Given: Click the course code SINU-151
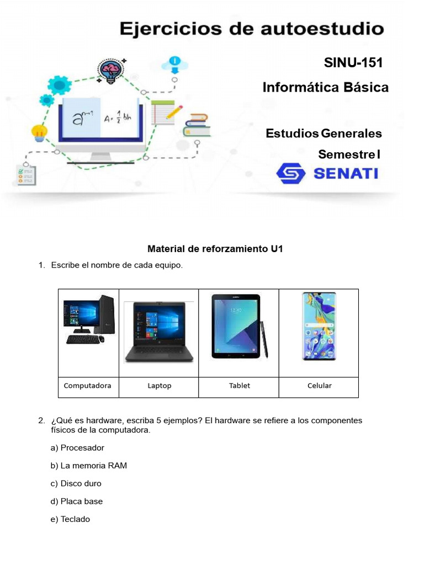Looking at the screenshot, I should pyautogui.click(x=353, y=63).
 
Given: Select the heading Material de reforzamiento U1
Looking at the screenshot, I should pyautogui.click(x=215, y=249).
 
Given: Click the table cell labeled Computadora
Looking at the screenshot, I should pyautogui.click(x=88, y=386).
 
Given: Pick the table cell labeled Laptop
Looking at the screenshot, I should pyautogui.click(x=159, y=386).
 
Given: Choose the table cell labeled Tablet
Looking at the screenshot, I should pyautogui.click(x=239, y=386).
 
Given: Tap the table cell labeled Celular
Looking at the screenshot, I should pyautogui.click(x=319, y=386).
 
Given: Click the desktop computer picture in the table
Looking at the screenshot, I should pyautogui.click(x=88, y=320).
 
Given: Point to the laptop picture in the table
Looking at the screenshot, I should pyautogui.click(x=159, y=332).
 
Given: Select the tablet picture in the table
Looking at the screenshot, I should pyautogui.click(x=236, y=326).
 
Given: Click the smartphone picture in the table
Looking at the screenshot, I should pyautogui.click(x=319, y=327).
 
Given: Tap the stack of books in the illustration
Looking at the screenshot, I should pyautogui.click(x=197, y=125).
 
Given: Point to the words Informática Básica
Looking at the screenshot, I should pyautogui.click(x=325, y=87).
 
